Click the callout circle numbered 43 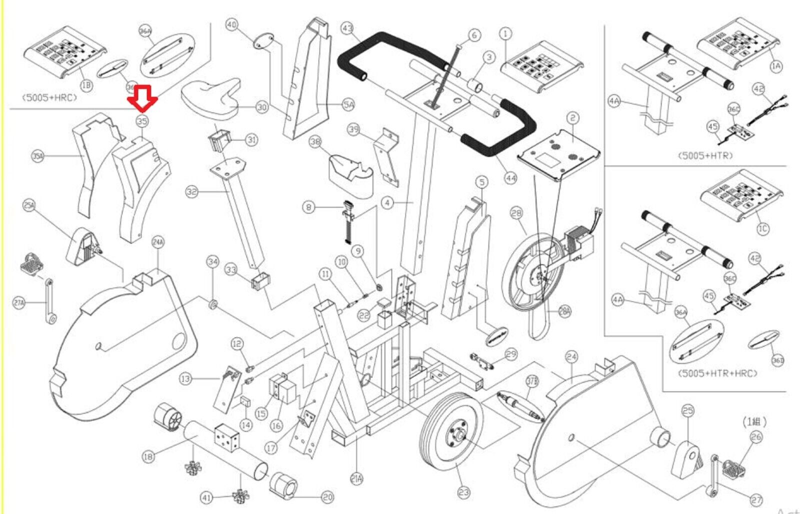(x=347, y=28)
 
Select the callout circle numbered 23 (x=464, y=492)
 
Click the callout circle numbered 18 (x=148, y=456)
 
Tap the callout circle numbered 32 (x=191, y=191)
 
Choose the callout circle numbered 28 (x=516, y=213)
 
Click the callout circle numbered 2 (x=572, y=118)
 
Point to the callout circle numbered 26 (x=756, y=437)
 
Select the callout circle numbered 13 (x=185, y=379)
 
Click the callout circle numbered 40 (x=231, y=24)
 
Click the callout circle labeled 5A (x=348, y=104)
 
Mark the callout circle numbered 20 (x=327, y=497)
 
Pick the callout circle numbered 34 (x=213, y=262)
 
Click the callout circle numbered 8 (x=308, y=207)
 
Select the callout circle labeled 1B (x=86, y=85)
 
